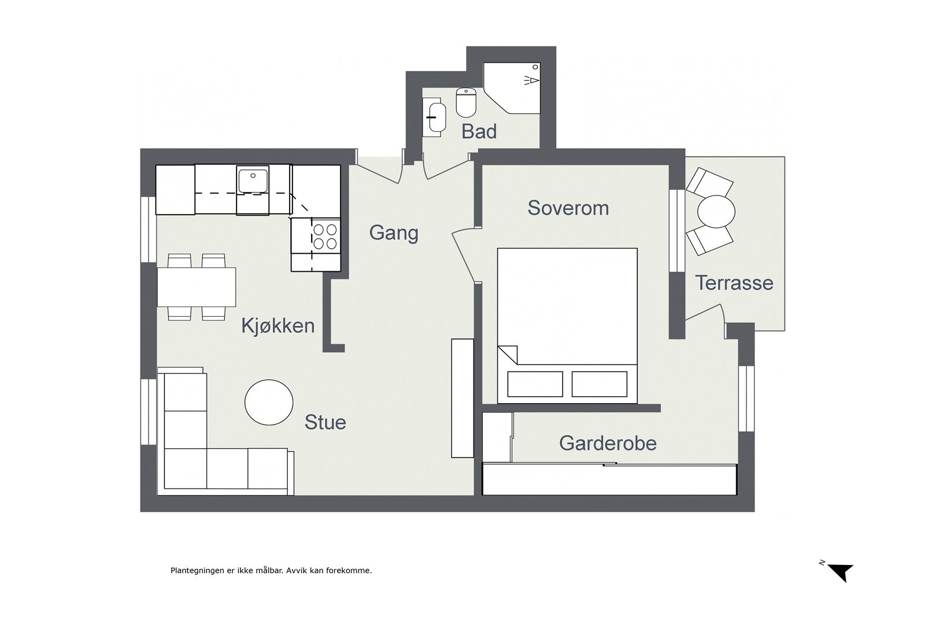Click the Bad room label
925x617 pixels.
point(479,131)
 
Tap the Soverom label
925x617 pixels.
point(568,208)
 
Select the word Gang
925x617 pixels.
point(394,234)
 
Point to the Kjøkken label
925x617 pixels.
point(278,326)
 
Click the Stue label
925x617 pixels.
point(325,422)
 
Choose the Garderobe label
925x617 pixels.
point(608,443)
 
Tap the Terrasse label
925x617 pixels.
point(734,283)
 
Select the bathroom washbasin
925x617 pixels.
point(434,117)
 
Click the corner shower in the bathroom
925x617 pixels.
point(512,88)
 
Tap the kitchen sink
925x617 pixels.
point(253,179)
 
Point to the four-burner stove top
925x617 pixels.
point(325,237)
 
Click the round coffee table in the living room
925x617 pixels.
point(269,402)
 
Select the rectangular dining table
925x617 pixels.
point(197,287)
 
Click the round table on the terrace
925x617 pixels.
point(716,212)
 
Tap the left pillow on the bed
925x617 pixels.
point(535,384)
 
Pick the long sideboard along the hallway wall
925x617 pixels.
point(462,398)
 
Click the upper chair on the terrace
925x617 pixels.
point(709,182)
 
